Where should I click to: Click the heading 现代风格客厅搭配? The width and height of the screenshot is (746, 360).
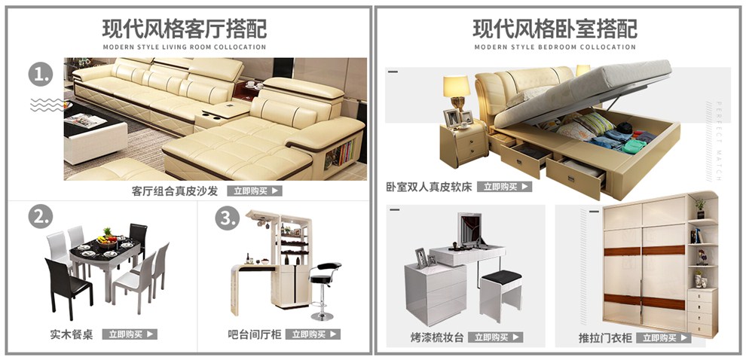point(184,29)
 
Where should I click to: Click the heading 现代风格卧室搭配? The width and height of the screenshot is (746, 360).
point(555,29)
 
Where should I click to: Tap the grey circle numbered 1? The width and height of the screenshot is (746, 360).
point(41,75)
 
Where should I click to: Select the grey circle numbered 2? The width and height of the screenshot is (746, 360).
point(41,216)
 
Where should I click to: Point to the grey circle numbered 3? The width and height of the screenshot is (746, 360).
point(228,218)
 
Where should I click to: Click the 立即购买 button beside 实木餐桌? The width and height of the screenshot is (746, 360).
point(130,334)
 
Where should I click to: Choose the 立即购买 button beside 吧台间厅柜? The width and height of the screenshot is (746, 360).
point(313,334)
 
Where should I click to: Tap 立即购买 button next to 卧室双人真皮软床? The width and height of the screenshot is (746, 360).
point(505,187)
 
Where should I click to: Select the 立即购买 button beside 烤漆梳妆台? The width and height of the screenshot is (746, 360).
point(496,337)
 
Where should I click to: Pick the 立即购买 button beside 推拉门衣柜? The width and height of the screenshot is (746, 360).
point(664,337)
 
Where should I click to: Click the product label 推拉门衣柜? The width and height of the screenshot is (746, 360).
point(605,338)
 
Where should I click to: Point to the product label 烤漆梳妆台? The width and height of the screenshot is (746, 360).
point(437,338)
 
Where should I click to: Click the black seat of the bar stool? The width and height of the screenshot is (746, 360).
point(326,267)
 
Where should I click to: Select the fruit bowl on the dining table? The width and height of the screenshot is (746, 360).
point(108,239)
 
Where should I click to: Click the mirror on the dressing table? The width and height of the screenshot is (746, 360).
point(469,230)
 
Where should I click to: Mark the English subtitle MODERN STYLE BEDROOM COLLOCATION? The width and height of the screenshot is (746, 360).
point(555,47)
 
